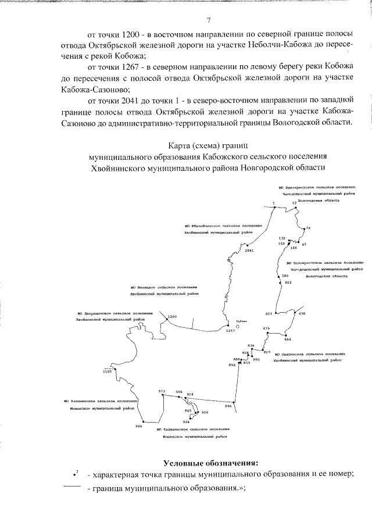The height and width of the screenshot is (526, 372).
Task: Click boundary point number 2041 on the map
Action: point(249,251)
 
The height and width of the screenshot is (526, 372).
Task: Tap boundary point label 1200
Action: point(171,317)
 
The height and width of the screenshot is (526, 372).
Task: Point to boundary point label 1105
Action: point(106,372)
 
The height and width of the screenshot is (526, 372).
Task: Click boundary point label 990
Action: point(138,426)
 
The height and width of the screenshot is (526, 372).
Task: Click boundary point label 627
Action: point(269,313)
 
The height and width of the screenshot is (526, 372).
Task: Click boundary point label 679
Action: point(266,329)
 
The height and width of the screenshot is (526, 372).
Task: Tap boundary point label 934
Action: point(186,421)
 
